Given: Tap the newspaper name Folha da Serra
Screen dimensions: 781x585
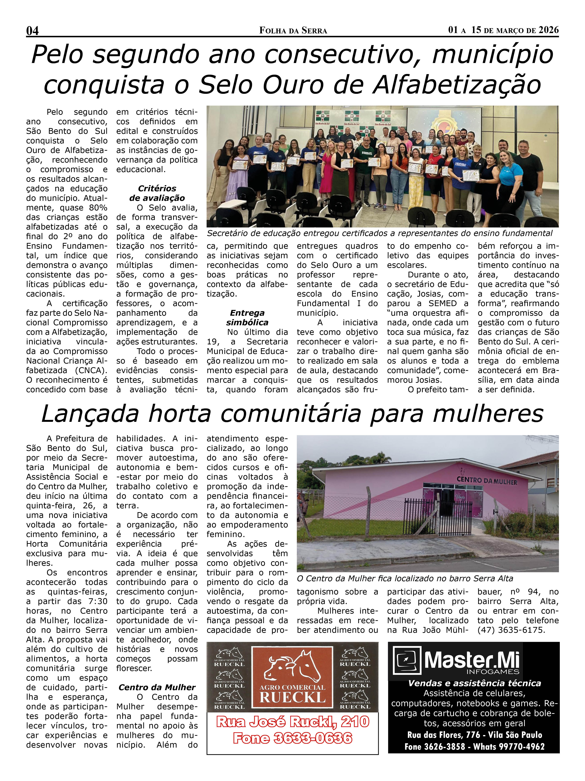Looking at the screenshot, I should [293, 31].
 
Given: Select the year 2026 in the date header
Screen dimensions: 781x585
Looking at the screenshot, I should [548, 30].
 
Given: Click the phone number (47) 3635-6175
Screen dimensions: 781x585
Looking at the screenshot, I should [511, 630].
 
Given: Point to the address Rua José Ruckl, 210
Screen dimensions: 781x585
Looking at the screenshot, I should [293, 722].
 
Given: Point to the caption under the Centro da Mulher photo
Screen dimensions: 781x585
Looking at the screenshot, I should [405, 579].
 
